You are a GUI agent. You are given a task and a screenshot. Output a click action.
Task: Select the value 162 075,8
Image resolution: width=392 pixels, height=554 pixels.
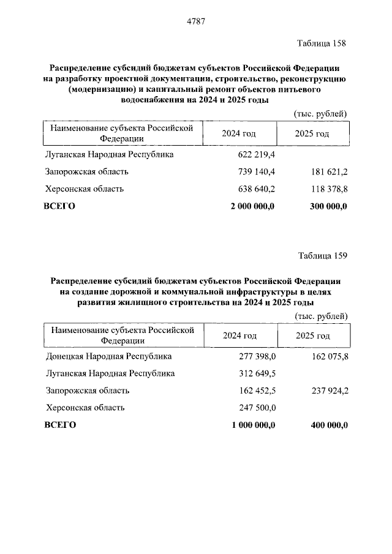[328, 356]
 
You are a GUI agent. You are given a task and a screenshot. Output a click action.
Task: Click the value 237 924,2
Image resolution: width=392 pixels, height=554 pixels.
[328, 391]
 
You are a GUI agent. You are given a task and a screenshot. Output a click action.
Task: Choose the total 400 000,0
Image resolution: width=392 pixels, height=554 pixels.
[326, 425]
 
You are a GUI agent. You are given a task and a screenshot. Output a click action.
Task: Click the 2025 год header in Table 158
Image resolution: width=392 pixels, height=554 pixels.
[312, 133]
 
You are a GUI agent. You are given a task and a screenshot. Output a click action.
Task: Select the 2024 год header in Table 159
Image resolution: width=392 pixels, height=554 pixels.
[239, 335]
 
